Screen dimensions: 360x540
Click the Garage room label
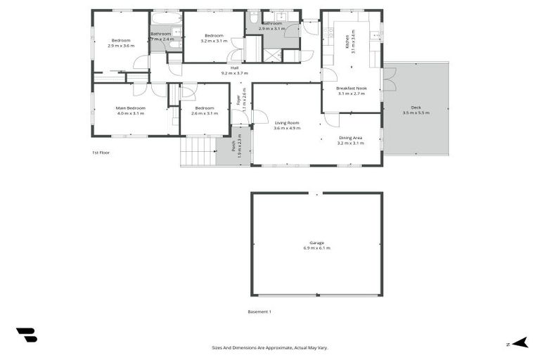(x=316, y=243)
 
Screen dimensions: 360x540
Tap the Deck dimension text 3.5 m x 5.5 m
(x=416, y=112)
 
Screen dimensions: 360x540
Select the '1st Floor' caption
(x=101, y=152)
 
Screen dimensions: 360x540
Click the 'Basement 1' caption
(x=259, y=311)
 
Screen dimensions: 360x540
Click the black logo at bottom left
(x=26, y=335)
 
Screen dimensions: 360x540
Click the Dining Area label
(x=350, y=138)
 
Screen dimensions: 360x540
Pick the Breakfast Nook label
(x=351, y=88)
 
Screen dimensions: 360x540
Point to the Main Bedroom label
(x=130, y=108)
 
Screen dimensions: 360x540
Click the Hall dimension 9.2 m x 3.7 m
(x=235, y=73)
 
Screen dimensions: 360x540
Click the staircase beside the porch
(x=198, y=150)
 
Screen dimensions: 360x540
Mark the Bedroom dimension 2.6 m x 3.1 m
(x=205, y=113)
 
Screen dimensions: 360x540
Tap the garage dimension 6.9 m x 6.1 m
(x=316, y=248)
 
